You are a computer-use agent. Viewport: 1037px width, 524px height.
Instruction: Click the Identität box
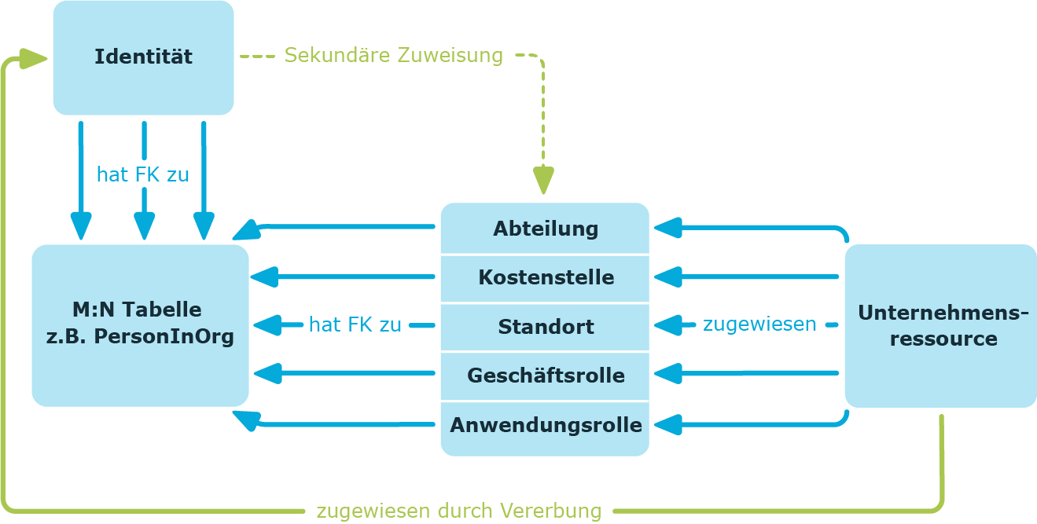click(144, 58)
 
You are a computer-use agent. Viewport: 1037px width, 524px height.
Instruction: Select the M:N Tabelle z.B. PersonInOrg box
click(140, 325)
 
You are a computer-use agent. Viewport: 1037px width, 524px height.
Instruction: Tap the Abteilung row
click(545, 229)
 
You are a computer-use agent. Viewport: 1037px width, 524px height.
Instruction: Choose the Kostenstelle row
click(545, 278)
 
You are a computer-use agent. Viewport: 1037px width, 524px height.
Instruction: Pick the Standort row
click(545, 327)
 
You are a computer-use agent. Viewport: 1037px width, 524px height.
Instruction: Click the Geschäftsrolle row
click(545, 376)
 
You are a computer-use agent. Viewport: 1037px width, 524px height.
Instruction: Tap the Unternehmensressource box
click(941, 326)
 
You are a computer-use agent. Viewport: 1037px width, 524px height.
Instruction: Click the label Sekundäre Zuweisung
click(394, 55)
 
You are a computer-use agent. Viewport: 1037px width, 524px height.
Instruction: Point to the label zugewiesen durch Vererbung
click(459, 511)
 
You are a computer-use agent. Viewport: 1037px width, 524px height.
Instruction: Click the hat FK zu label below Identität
click(143, 175)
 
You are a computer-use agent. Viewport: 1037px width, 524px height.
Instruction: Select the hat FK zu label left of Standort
click(355, 324)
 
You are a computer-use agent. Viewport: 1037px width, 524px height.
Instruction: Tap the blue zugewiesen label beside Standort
click(759, 324)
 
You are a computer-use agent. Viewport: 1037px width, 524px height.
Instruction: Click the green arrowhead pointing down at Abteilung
click(543, 180)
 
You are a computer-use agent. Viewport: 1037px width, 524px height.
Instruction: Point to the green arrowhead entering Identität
click(33, 59)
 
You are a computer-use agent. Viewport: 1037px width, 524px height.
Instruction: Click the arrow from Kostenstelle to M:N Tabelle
click(343, 277)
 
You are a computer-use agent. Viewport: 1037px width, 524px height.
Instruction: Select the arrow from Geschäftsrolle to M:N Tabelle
click(344, 373)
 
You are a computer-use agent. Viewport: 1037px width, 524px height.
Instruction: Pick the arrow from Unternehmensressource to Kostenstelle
click(746, 277)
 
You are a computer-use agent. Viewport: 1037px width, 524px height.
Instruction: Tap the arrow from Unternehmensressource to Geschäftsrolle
click(746, 373)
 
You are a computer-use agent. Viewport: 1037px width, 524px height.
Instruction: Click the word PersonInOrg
click(164, 337)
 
